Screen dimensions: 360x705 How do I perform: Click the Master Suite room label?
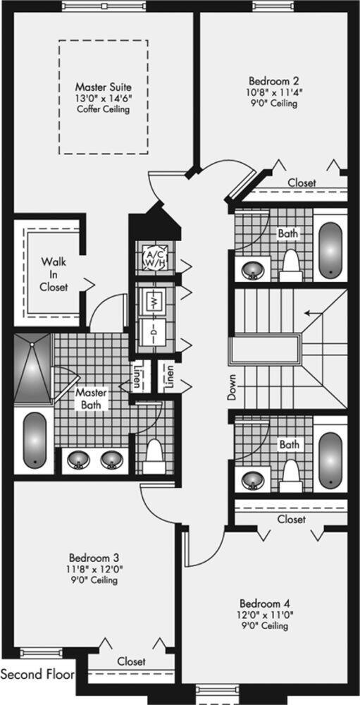[x=104, y=86]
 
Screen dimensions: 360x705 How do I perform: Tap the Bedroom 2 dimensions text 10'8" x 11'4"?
[x=273, y=92]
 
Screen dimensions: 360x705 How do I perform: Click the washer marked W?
[x=154, y=299]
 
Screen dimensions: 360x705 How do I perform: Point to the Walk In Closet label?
[x=54, y=274]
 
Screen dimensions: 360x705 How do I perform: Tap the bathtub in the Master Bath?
[x=34, y=440]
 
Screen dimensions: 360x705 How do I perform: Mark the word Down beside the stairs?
[x=232, y=388]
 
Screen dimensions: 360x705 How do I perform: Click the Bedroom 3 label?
[x=94, y=558]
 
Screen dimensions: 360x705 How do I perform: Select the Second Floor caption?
[x=37, y=674]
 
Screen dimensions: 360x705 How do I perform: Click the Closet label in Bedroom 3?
[x=131, y=661]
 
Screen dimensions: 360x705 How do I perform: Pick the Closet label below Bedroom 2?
[x=302, y=183]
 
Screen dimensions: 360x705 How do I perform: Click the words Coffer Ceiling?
[x=104, y=109]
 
